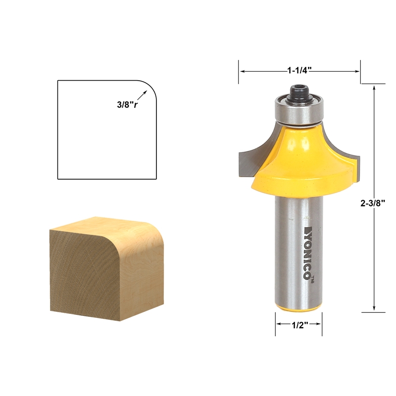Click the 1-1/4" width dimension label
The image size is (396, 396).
point(299,71)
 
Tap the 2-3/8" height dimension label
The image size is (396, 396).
point(375,202)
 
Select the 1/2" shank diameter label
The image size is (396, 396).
point(299,325)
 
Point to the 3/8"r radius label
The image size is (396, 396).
point(127,104)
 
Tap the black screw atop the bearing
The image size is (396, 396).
point(298,92)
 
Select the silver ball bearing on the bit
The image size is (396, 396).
point(298,110)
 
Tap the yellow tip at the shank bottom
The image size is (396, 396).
point(299,308)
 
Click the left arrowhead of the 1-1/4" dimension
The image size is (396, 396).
point(242,71)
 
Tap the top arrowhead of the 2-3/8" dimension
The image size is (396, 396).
point(375,87)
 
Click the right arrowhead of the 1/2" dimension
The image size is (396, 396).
point(319,325)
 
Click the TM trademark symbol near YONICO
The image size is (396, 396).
point(313,281)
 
